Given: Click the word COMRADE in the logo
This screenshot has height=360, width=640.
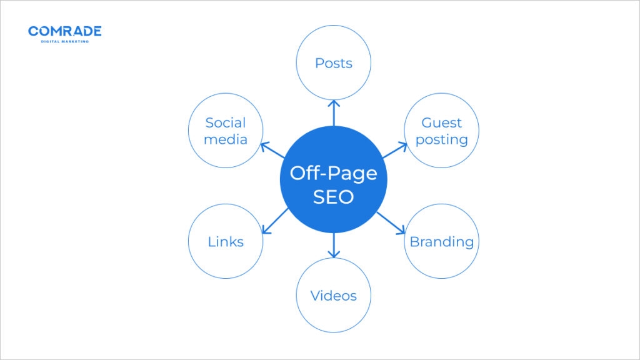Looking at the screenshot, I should (x=65, y=31).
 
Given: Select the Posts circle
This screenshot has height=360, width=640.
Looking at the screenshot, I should (x=333, y=63).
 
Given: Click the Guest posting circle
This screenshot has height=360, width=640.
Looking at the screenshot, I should (x=441, y=131).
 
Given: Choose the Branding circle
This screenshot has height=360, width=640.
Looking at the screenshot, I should (x=441, y=241).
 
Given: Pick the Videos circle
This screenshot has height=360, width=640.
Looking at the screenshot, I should (x=333, y=295).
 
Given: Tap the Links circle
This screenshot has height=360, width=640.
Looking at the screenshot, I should (x=225, y=241).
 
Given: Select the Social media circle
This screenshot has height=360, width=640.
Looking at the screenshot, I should (x=225, y=131).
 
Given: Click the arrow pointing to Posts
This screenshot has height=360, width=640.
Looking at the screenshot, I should (x=333, y=112).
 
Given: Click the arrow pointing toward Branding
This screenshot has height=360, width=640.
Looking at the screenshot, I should (x=392, y=222).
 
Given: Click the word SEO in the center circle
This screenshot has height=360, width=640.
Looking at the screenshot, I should (x=333, y=197).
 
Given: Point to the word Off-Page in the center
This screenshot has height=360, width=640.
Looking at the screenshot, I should (x=333, y=173).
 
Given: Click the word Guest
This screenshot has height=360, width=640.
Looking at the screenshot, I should (x=441, y=123).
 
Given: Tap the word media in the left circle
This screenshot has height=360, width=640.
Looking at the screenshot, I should (x=225, y=139).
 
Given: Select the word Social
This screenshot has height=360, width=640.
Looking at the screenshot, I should (x=225, y=123).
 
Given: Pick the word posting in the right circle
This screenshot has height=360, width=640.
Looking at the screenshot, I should (x=441, y=140).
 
